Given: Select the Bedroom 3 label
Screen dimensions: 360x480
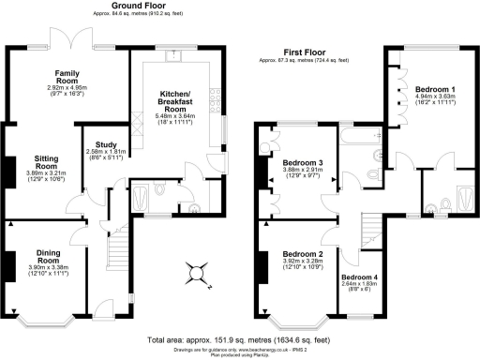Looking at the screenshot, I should [x=302, y=167].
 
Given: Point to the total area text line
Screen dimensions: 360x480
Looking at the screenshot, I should [x=238, y=338].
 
